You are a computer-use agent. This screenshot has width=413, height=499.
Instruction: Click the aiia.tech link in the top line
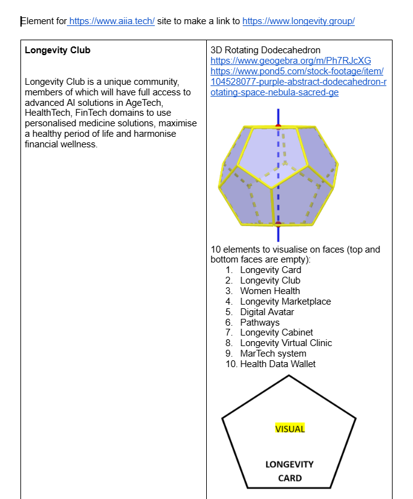(x=111, y=21)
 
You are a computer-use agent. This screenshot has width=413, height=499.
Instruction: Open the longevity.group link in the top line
(x=298, y=21)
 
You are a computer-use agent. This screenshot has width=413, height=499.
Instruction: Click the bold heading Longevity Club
(x=58, y=50)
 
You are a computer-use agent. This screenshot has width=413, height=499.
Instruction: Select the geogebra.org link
(x=291, y=61)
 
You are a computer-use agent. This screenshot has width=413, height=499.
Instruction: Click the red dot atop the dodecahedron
(x=278, y=126)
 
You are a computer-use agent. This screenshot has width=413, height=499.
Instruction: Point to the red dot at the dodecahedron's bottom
(x=278, y=224)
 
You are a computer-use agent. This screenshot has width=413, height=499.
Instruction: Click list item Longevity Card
(x=271, y=270)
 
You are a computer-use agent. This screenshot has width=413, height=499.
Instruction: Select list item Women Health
(x=270, y=291)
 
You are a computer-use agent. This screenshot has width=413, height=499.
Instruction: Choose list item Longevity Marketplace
(x=285, y=302)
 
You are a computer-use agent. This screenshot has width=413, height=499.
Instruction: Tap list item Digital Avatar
(x=267, y=312)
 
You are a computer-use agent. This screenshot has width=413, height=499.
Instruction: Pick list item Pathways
(x=259, y=323)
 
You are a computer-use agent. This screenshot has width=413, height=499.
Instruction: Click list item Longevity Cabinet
(x=277, y=332)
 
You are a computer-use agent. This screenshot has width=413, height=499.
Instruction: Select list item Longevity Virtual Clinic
(x=286, y=343)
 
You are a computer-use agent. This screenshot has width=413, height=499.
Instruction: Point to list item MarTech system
(x=273, y=354)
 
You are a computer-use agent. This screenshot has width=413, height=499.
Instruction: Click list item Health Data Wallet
(x=278, y=364)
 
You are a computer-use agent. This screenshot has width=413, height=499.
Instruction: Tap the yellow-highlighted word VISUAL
(x=290, y=428)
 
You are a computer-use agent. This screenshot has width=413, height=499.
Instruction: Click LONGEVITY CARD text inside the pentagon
(x=290, y=471)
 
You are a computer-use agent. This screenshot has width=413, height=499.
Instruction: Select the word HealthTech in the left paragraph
(x=47, y=113)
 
